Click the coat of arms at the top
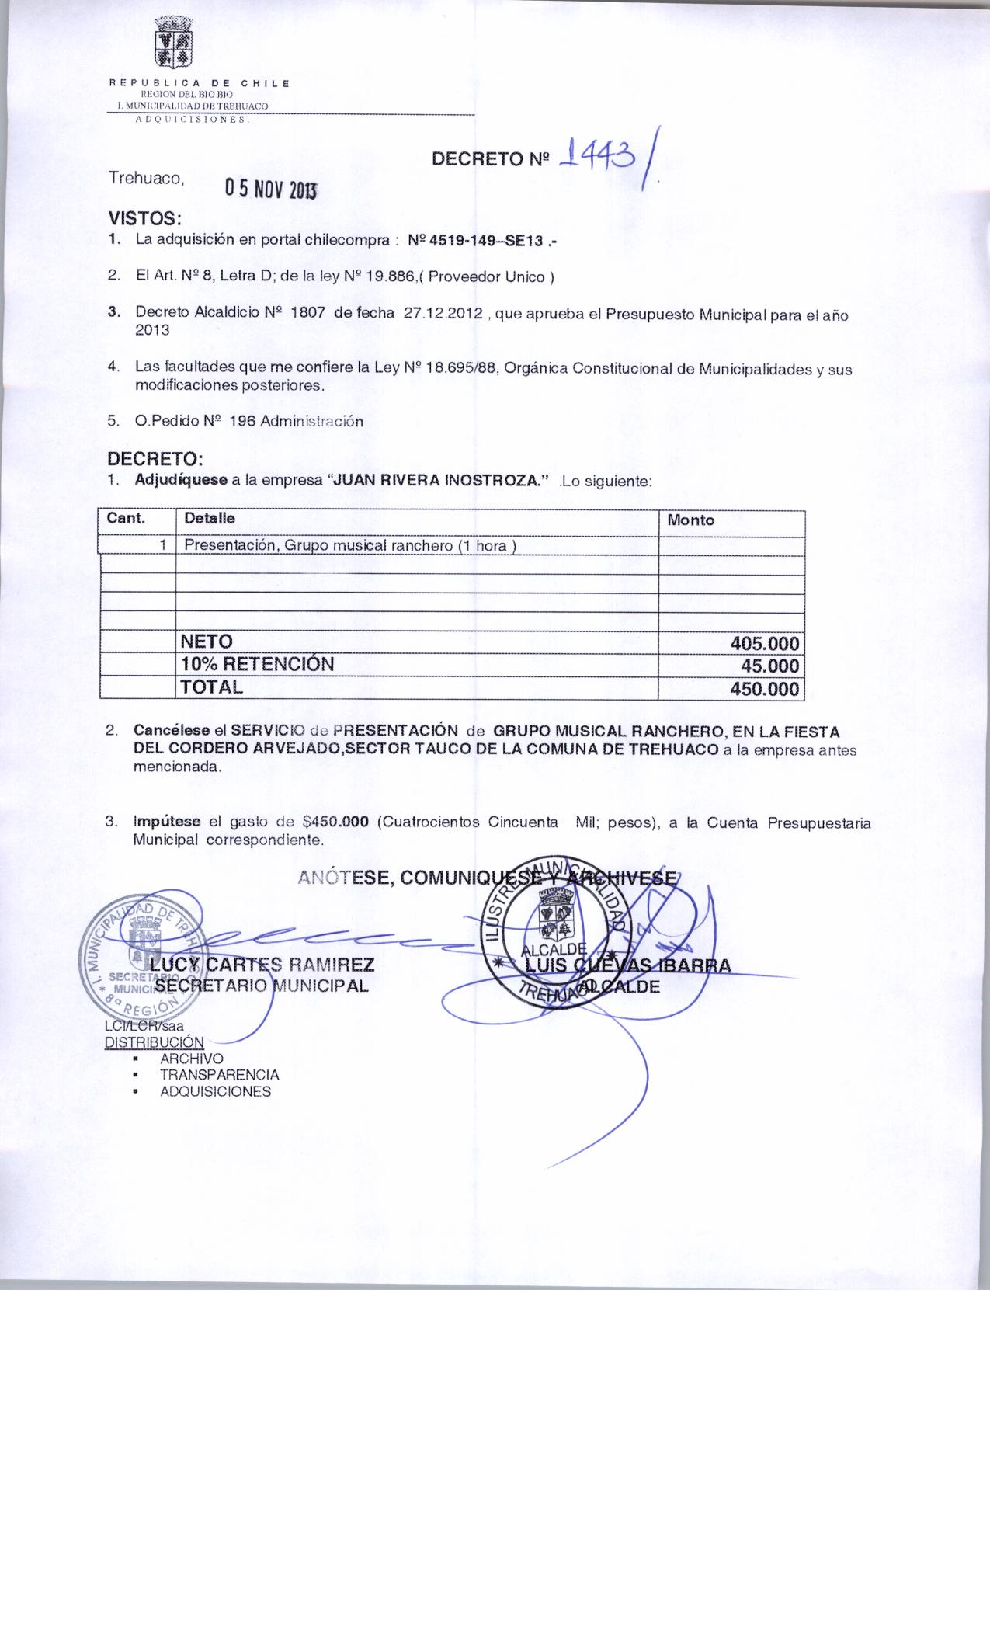click(175, 43)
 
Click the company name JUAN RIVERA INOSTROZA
click(439, 481)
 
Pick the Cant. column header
click(126, 519)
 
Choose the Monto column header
click(690, 520)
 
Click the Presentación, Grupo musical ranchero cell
click(350, 546)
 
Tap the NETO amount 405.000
click(764, 644)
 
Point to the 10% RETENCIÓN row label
click(257, 665)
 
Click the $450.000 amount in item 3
click(335, 822)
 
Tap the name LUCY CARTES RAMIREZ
click(262, 965)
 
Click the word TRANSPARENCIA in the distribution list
click(219, 1076)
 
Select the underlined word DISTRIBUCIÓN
click(154, 1042)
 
